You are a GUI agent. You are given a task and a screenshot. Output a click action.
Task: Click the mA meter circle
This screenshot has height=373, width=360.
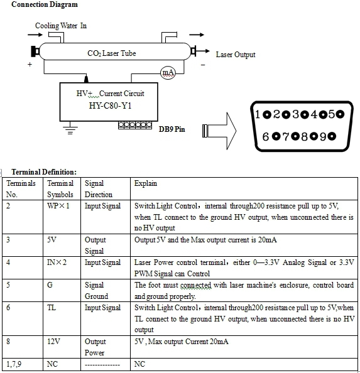[168, 73]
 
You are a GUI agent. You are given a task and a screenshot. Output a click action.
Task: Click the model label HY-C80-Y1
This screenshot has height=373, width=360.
[110, 105]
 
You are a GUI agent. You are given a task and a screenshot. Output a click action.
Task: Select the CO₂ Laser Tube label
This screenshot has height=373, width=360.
[112, 53]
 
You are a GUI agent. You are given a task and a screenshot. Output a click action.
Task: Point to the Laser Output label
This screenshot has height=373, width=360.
[236, 55]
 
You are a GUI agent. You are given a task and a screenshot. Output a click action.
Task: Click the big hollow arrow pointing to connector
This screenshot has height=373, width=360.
[219, 131]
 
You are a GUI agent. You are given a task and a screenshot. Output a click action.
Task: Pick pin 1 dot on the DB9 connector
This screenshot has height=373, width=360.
[267, 115]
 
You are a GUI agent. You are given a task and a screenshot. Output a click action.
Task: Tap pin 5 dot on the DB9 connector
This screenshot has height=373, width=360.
[341, 114]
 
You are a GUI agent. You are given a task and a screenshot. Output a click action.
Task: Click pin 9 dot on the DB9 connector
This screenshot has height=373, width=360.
[332, 136]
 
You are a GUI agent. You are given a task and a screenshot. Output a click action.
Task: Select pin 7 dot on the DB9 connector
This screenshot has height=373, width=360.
[295, 136]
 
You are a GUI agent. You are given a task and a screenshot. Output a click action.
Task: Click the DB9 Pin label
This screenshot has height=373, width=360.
[172, 129]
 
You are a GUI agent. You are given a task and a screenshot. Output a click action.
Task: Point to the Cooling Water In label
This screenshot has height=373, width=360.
[61, 26]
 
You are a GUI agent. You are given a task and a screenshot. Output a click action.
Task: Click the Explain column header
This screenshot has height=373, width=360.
[146, 183]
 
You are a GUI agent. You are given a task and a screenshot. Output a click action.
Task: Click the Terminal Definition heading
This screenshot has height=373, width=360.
[44, 172]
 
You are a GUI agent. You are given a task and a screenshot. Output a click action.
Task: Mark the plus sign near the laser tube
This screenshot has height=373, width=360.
[30, 64]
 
